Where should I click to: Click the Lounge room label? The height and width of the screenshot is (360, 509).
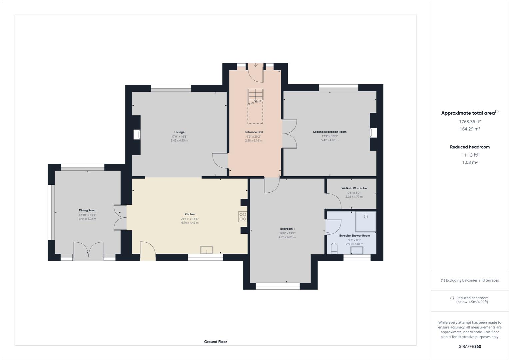pyautogui.click(x=179, y=132)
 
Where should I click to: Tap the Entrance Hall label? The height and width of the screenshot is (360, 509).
pyautogui.click(x=254, y=132)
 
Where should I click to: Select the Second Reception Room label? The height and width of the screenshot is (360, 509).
pyautogui.click(x=329, y=132)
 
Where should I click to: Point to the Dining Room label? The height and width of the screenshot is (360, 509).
pyautogui.click(x=88, y=210)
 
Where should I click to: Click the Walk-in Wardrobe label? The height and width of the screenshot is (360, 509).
pyautogui.click(x=354, y=188)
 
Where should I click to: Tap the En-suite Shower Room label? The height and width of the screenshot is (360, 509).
pyautogui.click(x=354, y=236)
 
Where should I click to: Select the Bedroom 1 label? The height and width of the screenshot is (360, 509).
pyautogui.click(x=287, y=229)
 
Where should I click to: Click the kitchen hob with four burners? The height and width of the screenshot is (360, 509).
pyautogui.click(x=243, y=217)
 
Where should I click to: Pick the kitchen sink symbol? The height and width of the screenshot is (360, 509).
pyautogui.click(x=207, y=250)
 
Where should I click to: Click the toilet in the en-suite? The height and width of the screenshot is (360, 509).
pyautogui.click(x=334, y=248)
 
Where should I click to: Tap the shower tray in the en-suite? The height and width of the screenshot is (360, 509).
pyautogui.click(x=365, y=222)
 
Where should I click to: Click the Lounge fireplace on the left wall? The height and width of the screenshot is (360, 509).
pyautogui.click(x=137, y=134)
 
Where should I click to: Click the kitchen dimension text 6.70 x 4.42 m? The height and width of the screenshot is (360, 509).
pyautogui.click(x=190, y=223)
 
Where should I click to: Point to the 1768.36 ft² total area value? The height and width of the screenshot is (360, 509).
pyautogui.click(x=470, y=122)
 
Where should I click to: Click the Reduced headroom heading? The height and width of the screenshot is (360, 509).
pyautogui.click(x=470, y=147)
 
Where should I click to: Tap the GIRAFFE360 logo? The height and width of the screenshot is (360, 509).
pyautogui.click(x=470, y=346)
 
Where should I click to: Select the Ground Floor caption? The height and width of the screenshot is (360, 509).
pyautogui.click(x=216, y=342)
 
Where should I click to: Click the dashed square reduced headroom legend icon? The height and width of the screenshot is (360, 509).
pyautogui.click(x=452, y=298)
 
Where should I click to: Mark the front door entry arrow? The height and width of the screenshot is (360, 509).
pyautogui.click(x=255, y=65)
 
